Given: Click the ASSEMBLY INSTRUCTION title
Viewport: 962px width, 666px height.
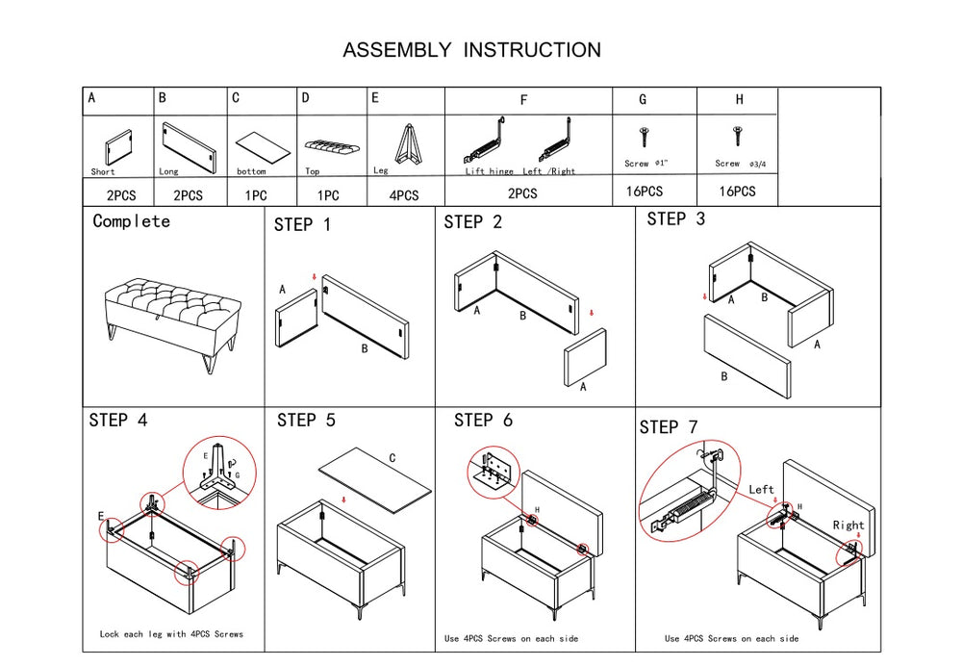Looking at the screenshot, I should tap(471, 50).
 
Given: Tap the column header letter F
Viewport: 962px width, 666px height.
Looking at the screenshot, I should tap(524, 100).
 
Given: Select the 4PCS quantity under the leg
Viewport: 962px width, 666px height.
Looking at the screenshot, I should tap(404, 195).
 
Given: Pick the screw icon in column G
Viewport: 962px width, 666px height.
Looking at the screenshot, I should tap(643, 138).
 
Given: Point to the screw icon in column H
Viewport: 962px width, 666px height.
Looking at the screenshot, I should tap(738, 136).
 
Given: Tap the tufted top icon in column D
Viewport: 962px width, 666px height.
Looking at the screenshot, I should tap(332, 147).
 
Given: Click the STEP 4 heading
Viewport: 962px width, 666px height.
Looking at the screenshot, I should tap(118, 421).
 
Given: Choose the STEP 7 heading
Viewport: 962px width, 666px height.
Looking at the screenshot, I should tap(669, 427).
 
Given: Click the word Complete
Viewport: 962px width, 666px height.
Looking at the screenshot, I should tap(131, 221).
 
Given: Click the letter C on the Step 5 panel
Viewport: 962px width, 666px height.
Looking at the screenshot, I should tap(392, 459).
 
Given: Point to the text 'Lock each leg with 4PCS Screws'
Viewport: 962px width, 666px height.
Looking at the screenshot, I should tap(171, 634).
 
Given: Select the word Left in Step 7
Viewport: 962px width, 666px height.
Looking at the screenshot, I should tap(761, 490).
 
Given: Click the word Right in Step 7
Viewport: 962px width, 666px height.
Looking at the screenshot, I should tap(848, 525).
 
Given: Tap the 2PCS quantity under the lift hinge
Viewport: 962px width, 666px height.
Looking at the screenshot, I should tap(522, 193).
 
